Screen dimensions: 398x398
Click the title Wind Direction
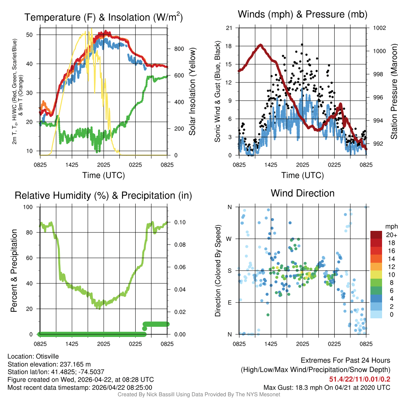point(302,193)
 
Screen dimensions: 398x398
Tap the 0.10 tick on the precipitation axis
point(176,222)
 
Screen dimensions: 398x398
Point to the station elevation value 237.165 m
point(75,364)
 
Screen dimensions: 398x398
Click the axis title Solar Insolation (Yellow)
point(192,92)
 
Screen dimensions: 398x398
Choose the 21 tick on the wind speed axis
point(229,28)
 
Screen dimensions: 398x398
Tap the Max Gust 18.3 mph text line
point(327,388)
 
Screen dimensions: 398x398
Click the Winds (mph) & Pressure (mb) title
point(302,14)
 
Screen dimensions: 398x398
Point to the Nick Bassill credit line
point(199,395)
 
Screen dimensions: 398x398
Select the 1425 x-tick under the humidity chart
point(72,344)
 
